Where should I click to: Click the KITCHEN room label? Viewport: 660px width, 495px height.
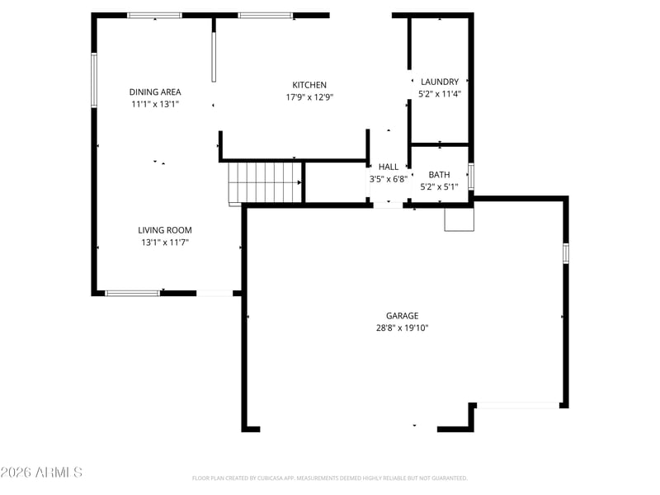[x=309, y=85]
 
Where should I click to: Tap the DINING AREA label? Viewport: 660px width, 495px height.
[x=155, y=92]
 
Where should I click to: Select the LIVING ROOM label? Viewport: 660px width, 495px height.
[x=164, y=230]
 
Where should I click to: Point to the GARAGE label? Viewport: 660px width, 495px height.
[x=402, y=316]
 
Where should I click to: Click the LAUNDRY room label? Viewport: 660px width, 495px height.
[x=440, y=82]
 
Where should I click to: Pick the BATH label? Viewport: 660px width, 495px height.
[x=439, y=175]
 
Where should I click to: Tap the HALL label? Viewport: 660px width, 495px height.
[x=388, y=167]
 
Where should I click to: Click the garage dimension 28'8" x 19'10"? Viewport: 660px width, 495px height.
[x=402, y=328]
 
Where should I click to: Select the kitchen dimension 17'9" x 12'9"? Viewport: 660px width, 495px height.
[x=309, y=97]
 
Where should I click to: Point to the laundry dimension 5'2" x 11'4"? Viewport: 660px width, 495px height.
[x=440, y=94]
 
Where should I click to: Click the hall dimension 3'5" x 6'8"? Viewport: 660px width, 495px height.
[x=388, y=179]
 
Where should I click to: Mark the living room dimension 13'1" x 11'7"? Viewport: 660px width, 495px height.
[x=164, y=243]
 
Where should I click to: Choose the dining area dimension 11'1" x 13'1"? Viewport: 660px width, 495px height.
[x=155, y=104]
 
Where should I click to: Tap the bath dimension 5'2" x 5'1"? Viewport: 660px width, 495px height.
[x=439, y=187]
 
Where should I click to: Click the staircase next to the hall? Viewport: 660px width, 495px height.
[x=265, y=182]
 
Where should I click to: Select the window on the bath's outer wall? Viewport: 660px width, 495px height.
[x=471, y=177]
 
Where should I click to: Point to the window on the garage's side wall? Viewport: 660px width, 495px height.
[x=566, y=253]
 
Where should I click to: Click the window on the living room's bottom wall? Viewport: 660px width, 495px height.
[x=132, y=294]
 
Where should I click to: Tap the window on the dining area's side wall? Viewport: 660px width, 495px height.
[x=94, y=80]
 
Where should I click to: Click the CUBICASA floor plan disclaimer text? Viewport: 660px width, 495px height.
[x=329, y=478]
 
